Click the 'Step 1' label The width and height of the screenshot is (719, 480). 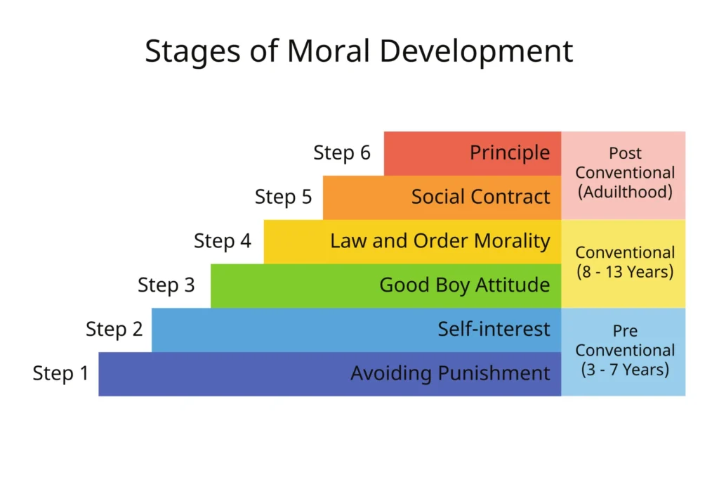coord(61,373)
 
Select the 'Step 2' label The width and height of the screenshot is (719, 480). coord(114,329)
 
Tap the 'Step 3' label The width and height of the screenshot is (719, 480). coord(166,285)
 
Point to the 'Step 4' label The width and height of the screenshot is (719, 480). coord(223,241)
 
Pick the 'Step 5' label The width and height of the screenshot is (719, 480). coord(283,197)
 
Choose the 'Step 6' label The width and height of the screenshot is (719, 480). coord(342,153)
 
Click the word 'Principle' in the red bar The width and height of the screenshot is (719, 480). coord(510,153)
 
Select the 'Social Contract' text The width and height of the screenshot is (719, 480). coord(480,197)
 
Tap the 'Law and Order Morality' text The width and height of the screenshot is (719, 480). coord(440,241)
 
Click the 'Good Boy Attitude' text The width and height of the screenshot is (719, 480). coord(465,285)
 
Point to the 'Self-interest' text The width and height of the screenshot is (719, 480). coord(494,329)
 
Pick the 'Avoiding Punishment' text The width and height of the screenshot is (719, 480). coord(450,373)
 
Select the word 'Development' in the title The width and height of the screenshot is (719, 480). coord(477,51)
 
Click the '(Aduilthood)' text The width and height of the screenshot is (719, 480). coord(625,191)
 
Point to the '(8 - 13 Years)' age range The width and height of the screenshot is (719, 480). coord(625,271)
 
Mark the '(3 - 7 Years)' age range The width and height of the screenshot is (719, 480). coord(625,368)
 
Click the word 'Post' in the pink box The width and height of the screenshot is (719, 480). coord(625,153)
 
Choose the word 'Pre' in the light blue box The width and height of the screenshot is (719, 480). coord(625,331)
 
